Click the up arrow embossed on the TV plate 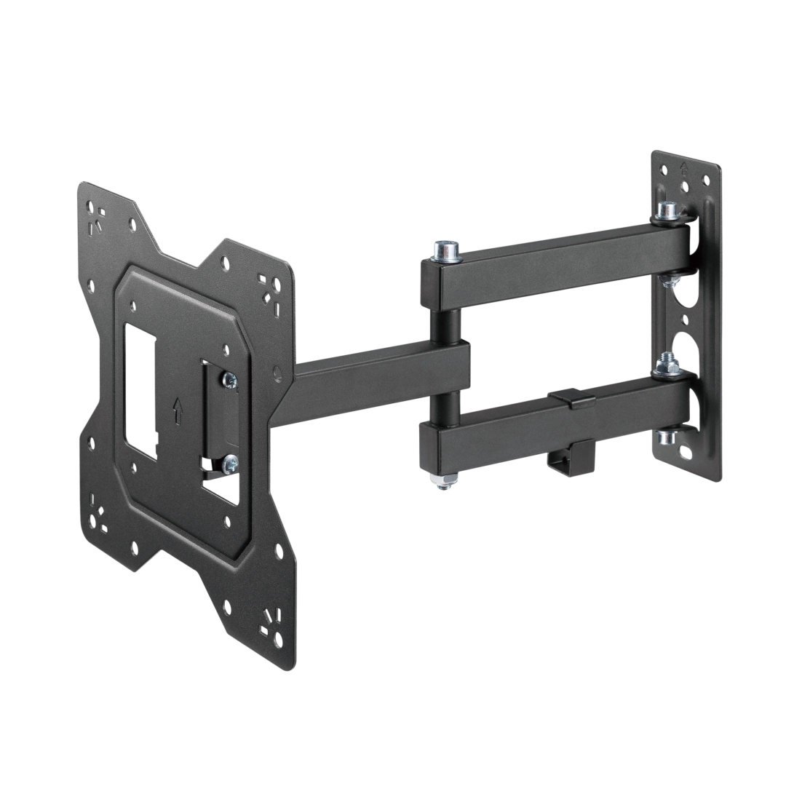[x=177, y=411]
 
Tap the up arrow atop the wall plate [x=683, y=167]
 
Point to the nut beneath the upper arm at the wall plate [x=669, y=277]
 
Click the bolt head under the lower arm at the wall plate [x=666, y=437]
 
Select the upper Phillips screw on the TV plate [x=230, y=378]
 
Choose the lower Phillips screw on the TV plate [x=230, y=461]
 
